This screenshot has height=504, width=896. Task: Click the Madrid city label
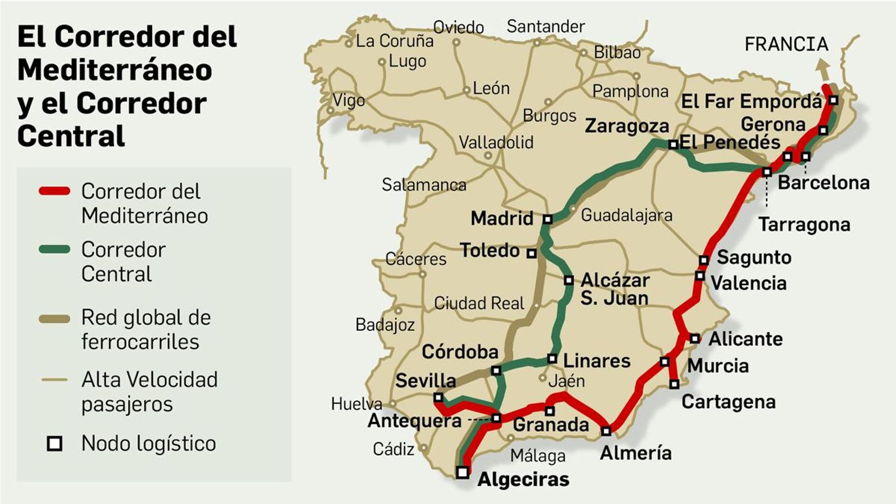[x=502, y=218]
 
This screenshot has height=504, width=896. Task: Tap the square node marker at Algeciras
[x=463, y=472]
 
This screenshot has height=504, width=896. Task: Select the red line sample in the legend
[x=54, y=192]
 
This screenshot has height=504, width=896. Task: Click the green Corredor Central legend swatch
[x=54, y=250]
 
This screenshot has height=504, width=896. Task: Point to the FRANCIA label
[x=786, y=44]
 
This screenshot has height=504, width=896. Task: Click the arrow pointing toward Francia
[x=823, y=70]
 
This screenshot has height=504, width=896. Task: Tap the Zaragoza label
[x=627, y=127]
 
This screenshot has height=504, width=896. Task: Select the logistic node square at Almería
[x=606, y=431]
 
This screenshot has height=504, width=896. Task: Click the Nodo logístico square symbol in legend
[x=54, y=444]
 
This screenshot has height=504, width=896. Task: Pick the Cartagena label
[x=728, y=402]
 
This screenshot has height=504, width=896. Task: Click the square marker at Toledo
[x=531, y=253]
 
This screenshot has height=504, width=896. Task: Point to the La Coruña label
[x=394, y=41]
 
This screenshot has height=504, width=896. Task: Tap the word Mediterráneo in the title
[x=115, y=70]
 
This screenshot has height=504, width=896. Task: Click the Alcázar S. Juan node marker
[x=568, y=280]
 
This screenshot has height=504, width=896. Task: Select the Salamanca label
[x=424, y=185]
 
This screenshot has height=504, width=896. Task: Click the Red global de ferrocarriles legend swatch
[x=54, y=319]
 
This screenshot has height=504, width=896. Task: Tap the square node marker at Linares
[x=552, y=358]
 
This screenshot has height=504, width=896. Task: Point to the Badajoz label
[x=385, y=325]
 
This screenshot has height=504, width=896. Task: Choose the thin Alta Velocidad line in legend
[x=54, y=380]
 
